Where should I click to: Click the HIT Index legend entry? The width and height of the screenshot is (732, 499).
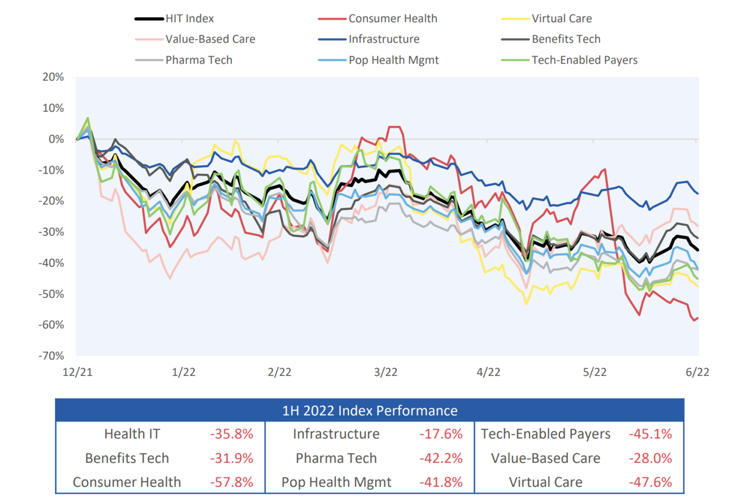click(189, 19)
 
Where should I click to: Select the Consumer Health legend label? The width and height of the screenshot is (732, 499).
click(392, 19)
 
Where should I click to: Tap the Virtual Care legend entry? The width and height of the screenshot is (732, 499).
click(561, 19)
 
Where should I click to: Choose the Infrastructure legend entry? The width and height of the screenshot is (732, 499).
click(384, 39)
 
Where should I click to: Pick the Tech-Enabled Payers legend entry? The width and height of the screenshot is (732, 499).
click(584, 60)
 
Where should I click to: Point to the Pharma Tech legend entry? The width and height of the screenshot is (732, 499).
click(199, 60)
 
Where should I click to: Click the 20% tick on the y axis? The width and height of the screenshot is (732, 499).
click(53, 77)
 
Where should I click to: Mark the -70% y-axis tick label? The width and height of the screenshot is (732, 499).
click(51, 356)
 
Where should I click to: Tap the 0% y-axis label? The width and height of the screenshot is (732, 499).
click(56, 139)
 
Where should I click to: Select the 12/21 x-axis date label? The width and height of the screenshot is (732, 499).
click(78, 372)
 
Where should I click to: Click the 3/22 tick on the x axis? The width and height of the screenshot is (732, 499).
click(386, 372)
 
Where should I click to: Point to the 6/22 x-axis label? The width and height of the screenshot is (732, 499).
click(697, 372)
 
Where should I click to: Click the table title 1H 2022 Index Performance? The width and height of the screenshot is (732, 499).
click(370, 411)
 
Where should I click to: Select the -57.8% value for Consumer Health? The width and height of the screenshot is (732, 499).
click(232, 482)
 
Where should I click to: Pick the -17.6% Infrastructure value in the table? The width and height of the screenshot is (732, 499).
click(441, 434)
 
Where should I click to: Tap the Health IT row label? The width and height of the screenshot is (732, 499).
click(132, 434)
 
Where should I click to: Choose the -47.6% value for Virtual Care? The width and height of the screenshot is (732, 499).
click(650, 482)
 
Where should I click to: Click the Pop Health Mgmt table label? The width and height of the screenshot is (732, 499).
click(336, 482)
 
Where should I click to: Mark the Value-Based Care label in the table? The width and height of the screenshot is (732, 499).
click(546, 458)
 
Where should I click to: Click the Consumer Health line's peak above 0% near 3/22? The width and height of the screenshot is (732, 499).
click(394, 127)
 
